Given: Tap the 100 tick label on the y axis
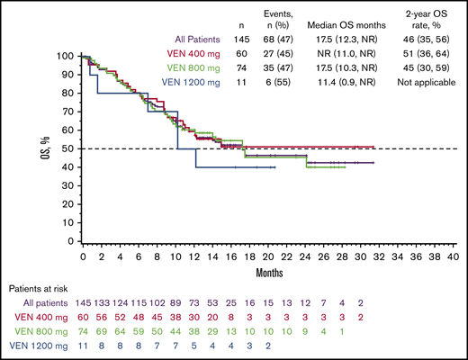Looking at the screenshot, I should point(65,56).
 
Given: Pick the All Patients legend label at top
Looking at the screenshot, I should point(208,39).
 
